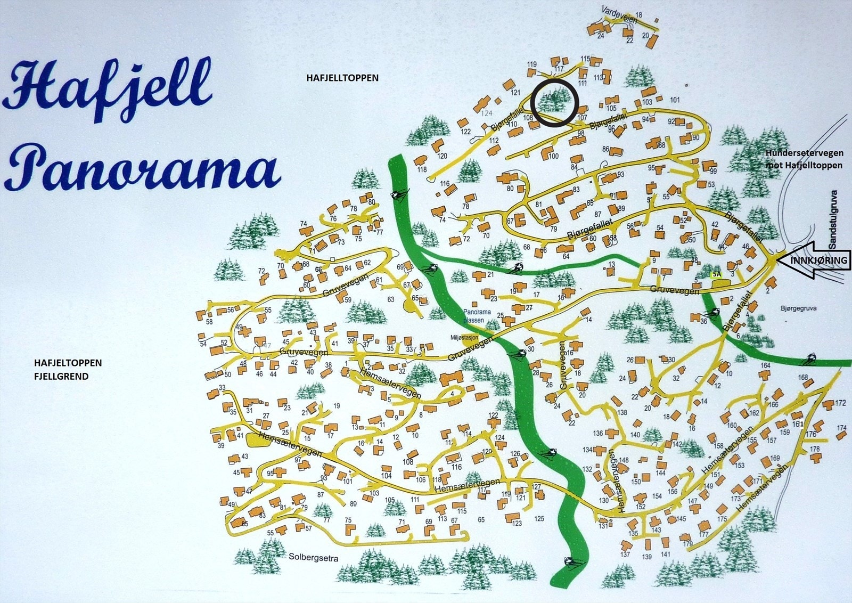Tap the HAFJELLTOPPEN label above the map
click(342, 78)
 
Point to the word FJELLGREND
click(61, 376)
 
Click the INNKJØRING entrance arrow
click(812, 260)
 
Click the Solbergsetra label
click(314, 558)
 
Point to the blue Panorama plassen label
click(473, 316)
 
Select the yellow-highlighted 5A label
click(716, 274)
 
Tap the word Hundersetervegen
click(805, 153)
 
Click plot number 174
click(841, 428)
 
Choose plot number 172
click(840, 403)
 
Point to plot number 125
click(539, 518)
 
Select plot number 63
click(391, 299)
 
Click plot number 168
click(802, 378)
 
